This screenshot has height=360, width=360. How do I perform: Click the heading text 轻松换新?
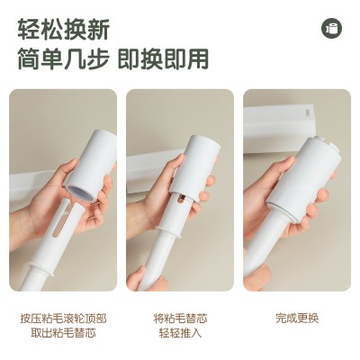click(x=63, y=30)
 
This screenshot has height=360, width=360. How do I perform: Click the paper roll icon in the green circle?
click(x=332, y=28)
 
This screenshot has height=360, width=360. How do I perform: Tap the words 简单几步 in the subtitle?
click(x=63, y=58)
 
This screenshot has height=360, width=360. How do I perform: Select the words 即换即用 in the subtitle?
click(x=163, y=58)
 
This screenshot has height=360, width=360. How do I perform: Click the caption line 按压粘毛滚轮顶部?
click(x=63, y=319)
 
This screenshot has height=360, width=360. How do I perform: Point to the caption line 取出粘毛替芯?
click(x=63, y=333)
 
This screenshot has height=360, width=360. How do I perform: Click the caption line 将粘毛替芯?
click(x=180, y=319)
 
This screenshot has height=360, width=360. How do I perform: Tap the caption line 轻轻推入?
click(x=180, y=333)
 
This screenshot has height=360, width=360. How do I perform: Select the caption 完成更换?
click(x=297, y=319)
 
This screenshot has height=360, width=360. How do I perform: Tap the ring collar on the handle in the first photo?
click(x=42, y=268)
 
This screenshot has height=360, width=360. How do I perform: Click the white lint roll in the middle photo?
click(x=194, y=168)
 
